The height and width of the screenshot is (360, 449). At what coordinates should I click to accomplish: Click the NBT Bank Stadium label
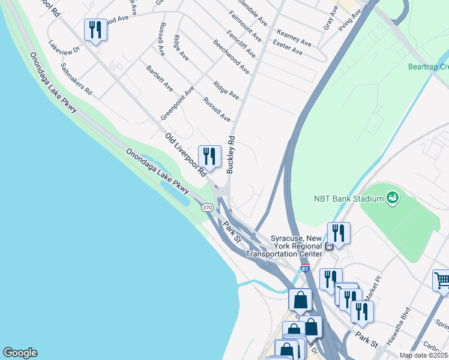349,199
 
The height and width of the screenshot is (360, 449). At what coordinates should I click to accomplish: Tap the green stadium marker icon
393,197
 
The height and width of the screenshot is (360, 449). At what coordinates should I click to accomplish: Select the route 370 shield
207,207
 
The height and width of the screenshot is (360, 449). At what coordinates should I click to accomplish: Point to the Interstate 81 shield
305,269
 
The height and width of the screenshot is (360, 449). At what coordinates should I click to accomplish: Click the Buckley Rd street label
230,155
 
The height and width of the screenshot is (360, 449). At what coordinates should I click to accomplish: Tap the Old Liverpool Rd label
185,155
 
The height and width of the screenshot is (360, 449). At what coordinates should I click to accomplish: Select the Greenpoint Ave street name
177,103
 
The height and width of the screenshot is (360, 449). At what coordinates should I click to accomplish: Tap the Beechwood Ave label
231,57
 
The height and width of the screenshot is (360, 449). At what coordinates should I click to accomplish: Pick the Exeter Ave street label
287,47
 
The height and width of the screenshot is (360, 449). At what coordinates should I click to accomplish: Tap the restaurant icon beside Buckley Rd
209,156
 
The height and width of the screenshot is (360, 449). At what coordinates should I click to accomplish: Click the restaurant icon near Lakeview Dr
95,30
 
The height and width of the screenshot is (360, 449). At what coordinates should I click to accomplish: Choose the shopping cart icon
442,281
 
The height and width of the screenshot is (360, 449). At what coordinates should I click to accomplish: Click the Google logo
20,353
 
